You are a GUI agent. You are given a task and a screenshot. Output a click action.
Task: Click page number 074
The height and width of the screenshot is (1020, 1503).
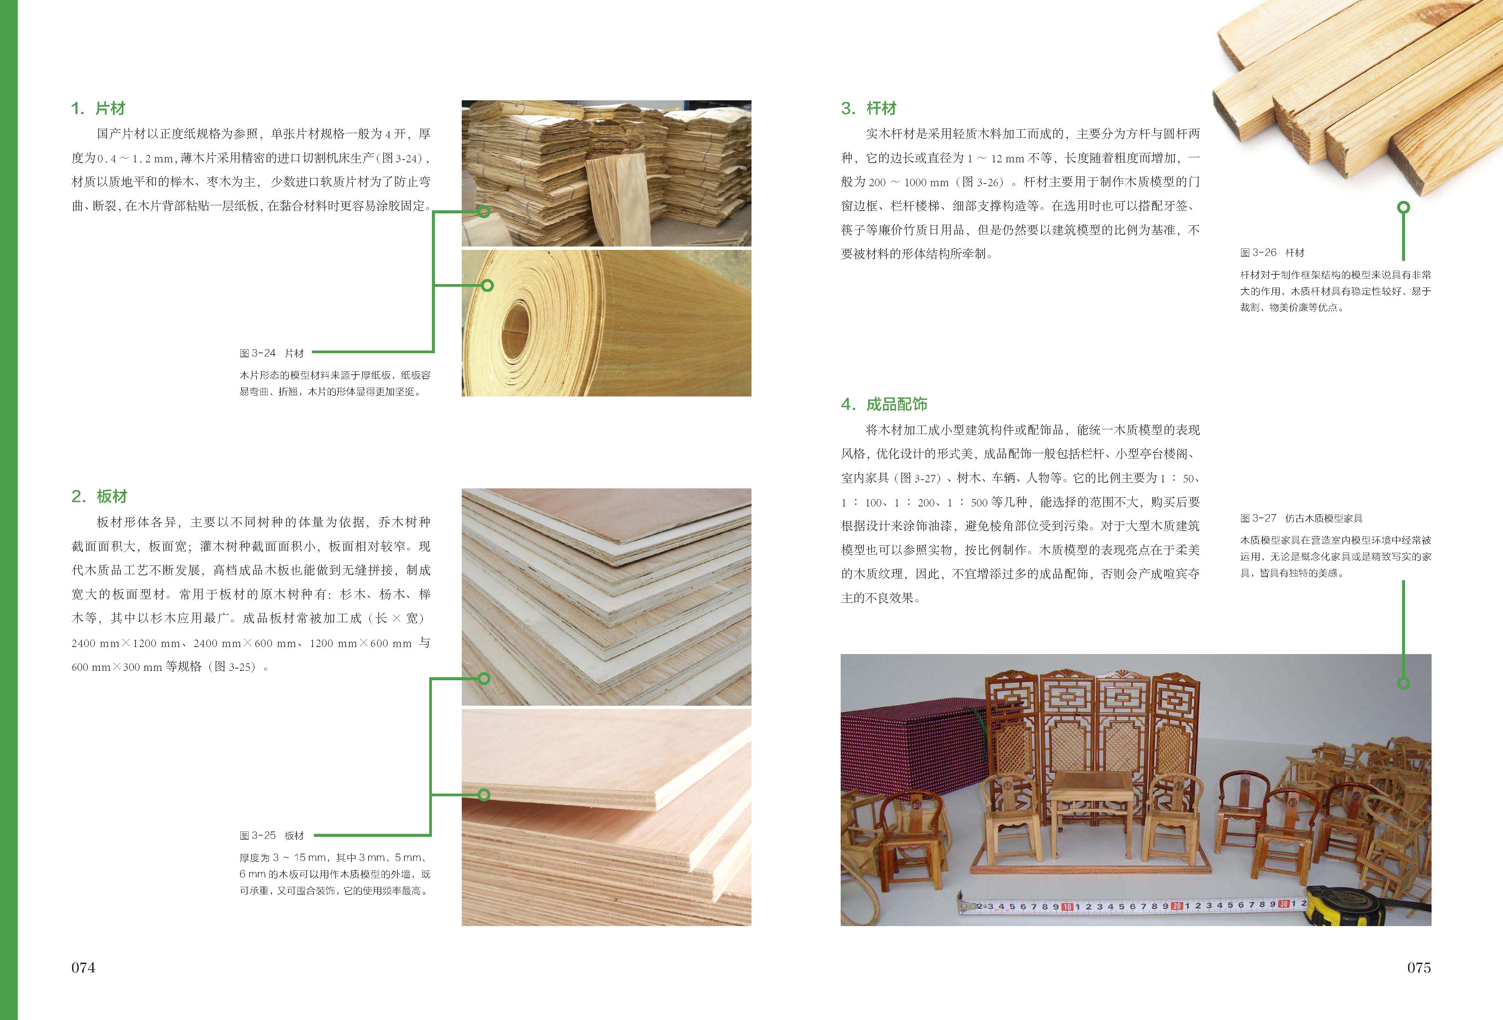coord(83,968)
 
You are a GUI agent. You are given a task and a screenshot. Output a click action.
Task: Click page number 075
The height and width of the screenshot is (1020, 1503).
coord(1419,968)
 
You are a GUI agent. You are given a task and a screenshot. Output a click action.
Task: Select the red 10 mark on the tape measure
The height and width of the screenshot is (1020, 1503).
coord(1067,907)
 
